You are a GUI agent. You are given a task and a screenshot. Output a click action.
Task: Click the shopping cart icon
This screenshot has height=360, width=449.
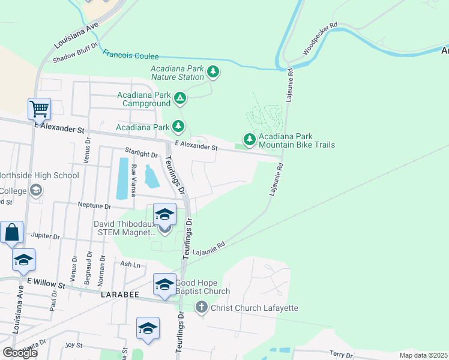pos(39,109)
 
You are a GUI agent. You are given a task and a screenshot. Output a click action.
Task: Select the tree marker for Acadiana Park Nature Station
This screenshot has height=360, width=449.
pos(212,73)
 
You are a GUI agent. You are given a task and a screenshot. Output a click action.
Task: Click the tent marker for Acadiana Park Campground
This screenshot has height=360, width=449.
pos(179,98)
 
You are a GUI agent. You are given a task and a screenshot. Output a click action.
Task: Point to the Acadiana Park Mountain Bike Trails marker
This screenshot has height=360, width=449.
pos(249,139)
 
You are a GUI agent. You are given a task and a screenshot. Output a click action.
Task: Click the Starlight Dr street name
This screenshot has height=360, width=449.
pos(140,154)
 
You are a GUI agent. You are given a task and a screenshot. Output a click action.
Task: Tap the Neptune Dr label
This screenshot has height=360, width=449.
pos(95,205)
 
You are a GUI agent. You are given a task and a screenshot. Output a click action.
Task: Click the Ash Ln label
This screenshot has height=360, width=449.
pos(130,263)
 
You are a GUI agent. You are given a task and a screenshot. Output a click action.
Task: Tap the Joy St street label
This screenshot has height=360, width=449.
pos(73,345)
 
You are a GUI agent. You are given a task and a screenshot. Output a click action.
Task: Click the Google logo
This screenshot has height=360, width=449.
pos(20,353)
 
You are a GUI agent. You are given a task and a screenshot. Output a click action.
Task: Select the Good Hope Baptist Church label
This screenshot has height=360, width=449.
pos(202,287)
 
